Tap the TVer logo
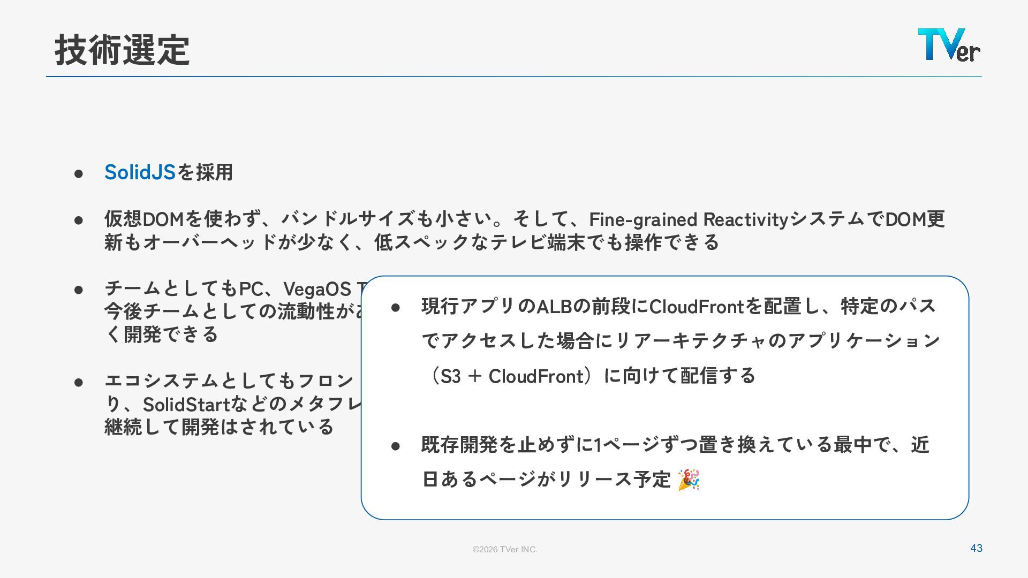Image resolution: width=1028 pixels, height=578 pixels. coord(949,45)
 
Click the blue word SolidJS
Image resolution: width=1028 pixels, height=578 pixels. coord(140,172)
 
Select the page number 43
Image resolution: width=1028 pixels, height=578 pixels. coord(976,548)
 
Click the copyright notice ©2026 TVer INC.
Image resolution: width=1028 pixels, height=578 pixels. coord(504,549)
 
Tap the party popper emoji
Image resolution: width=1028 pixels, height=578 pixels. coord(689,480)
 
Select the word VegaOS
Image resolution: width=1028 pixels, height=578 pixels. coord(316,289)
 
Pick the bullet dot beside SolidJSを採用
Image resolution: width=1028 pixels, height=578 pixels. coord(79,173)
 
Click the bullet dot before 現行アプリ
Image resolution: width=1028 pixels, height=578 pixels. coord(396,308)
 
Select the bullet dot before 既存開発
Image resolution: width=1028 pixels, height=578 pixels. coord(396,446)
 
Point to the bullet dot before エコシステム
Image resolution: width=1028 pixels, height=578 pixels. coord(79,382)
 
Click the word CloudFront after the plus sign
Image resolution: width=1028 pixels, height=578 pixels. coord(535,376)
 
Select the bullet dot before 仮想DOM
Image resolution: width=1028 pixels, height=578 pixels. coord(79,220)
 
